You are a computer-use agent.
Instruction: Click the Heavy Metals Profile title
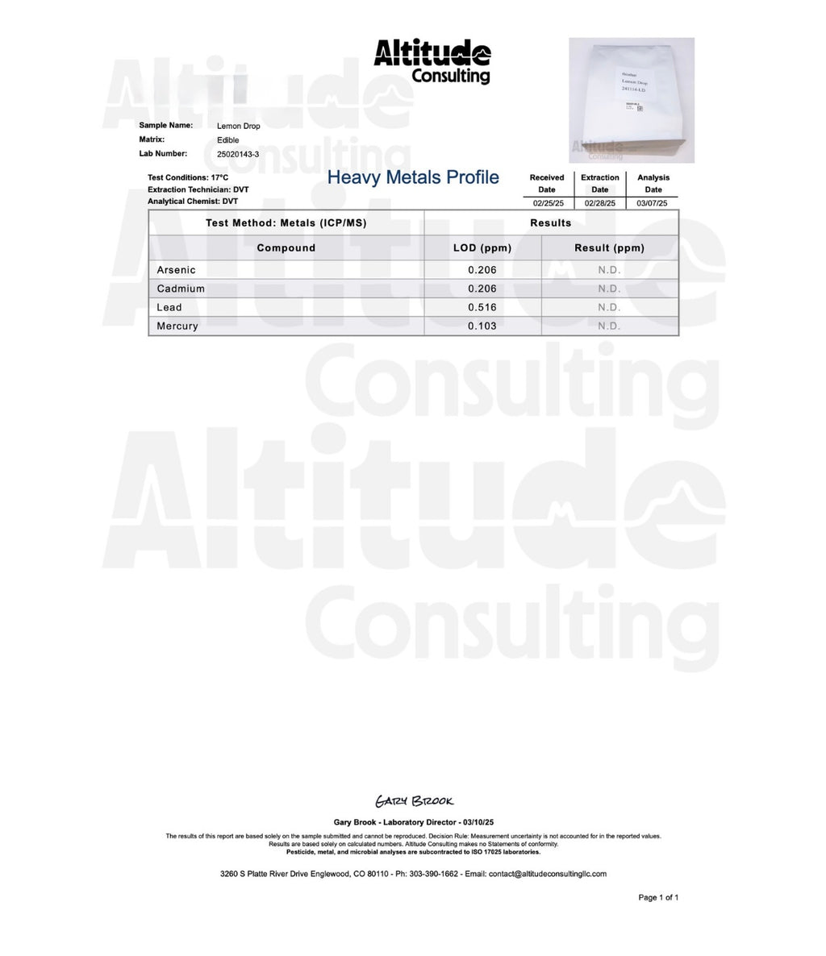click(x=413, y=177)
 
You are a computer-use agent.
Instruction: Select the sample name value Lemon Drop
click(x=239, y=127)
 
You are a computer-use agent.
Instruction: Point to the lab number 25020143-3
click(x=238, y=154)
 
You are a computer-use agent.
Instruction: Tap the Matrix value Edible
click(x=228, y=140)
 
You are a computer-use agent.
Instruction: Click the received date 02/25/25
click(x=547, y=203)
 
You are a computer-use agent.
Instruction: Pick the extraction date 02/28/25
click(x=600, y=203)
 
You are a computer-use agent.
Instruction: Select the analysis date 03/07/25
click(x=652, y=203)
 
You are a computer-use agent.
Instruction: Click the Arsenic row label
click(x=177, y=270)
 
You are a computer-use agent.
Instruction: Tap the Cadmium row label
click(x=181, y=289)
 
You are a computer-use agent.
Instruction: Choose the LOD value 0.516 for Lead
click(x=482, y=307)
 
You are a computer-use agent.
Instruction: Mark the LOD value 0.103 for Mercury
click(x=482, y=326)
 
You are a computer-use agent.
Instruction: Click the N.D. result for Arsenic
click(x=609, y=270)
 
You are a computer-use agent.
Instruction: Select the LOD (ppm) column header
click(x=482, y=247)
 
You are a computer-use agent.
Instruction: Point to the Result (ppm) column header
click(x=609, y=247)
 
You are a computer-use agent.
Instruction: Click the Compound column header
click(x=286, y=247)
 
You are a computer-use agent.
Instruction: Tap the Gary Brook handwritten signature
click(x=414, y=801)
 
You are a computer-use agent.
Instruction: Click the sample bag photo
click(x=632, y=100)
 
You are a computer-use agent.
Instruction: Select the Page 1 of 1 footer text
click(x=658, y=897)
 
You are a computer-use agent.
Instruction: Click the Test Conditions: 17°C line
click(x=188, y=177)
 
